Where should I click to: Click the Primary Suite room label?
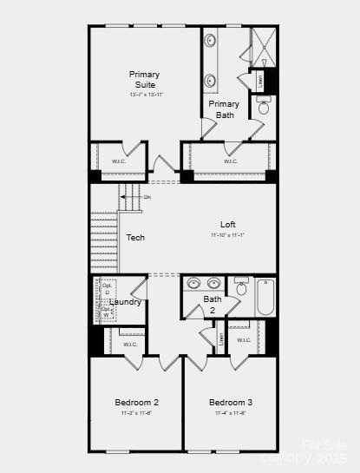point(145,79)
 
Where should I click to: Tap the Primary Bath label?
point(225,109)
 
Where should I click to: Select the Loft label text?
point(228,225)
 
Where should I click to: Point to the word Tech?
point(135,238)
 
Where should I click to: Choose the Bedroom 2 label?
point(136,403)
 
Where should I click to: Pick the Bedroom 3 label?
point(231,403)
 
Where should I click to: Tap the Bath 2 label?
point(213,304)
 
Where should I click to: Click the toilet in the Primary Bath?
point(265,107)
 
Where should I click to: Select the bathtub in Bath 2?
point(265,298)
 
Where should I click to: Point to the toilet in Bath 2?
point(241,286)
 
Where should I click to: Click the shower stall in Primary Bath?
point(262,46)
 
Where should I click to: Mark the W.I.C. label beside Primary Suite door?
point(120,161)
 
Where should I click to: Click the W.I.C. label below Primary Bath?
point(231,161)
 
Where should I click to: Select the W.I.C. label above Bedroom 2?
point(130,345)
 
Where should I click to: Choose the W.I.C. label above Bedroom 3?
point(244,339)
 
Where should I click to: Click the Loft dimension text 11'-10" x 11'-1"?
point(228,235)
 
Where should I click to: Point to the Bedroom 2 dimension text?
point(136,413)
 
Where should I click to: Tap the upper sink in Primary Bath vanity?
point(211,41)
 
